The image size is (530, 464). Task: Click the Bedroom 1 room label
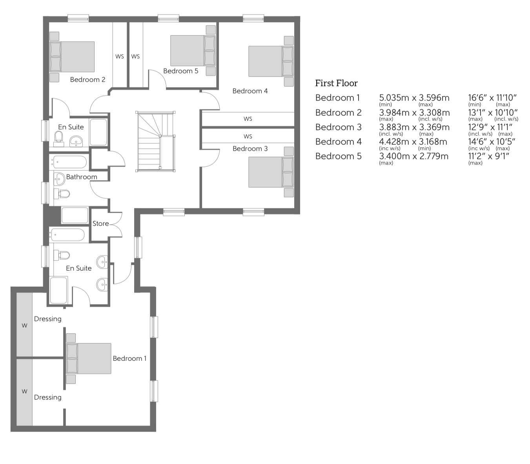coord(129,358)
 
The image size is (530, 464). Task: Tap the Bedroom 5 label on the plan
coord(180,71)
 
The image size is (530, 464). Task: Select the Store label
coord(100,224)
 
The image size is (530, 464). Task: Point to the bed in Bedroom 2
coord(73,57)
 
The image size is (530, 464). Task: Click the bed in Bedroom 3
coord(271,172)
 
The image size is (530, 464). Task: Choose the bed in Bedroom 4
coord(271,61)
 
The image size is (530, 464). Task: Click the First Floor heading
coord(336,83)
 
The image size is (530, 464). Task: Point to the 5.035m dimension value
coord(394,98)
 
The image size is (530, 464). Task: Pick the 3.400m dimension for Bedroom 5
coord(394,156)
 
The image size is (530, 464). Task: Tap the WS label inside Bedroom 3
coord(248,136)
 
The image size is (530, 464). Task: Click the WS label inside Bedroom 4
coord(248,119)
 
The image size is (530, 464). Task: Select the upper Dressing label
coord(47,319)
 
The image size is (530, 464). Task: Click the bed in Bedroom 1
coord(89,358)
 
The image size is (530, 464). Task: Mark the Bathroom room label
coord(81,177)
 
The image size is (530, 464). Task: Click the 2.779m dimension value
coord(433,156)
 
